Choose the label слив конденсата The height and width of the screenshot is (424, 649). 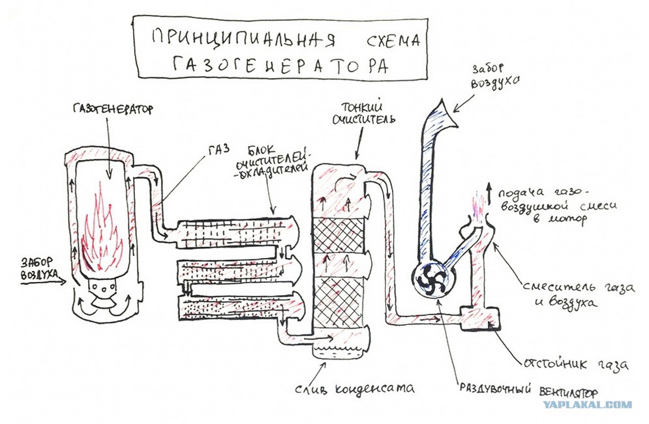coord(354,388)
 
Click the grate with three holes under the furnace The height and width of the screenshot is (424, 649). coord(102,287)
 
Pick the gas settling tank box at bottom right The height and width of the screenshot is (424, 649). coord(481,318)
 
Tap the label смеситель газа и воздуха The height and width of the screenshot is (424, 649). coord(578,295)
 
